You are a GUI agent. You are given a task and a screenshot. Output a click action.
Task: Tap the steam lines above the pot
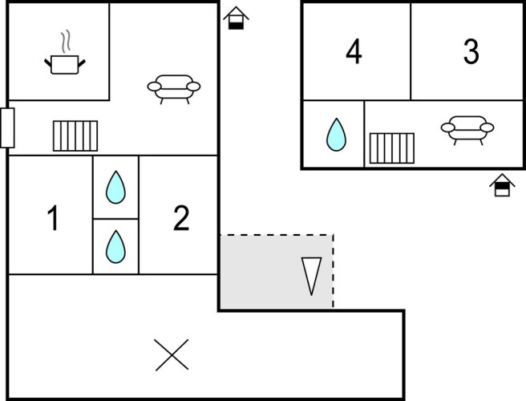click(67, 40)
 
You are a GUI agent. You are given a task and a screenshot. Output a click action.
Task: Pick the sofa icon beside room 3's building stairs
click(467, 128)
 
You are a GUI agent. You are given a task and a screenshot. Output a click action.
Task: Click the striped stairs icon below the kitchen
click(75, 136)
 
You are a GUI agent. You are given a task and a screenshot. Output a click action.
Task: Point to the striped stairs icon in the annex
click(392, 148)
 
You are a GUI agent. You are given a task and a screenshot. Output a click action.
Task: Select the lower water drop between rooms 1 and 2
click(116, 246)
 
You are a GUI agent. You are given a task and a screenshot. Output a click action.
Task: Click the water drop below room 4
click(335, 135)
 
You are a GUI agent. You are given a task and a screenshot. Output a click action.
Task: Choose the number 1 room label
click(53, 218)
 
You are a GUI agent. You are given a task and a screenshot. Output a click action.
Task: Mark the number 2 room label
click(181, 218)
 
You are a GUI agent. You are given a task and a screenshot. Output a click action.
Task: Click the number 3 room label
click(471, 52)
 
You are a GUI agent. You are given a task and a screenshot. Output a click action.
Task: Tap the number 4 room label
click(354, 52)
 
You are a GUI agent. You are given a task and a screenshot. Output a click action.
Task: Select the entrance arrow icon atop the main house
click(236, 18)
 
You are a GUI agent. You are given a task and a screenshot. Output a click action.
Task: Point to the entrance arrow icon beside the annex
click(501, 184)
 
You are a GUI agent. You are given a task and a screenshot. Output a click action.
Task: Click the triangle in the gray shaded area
click(310, 274)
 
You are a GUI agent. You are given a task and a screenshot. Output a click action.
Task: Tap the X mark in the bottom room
click(171, 354)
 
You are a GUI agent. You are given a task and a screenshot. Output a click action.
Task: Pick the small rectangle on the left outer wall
click(7, 128)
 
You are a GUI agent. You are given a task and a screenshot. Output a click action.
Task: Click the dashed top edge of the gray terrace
click(277, 235)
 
